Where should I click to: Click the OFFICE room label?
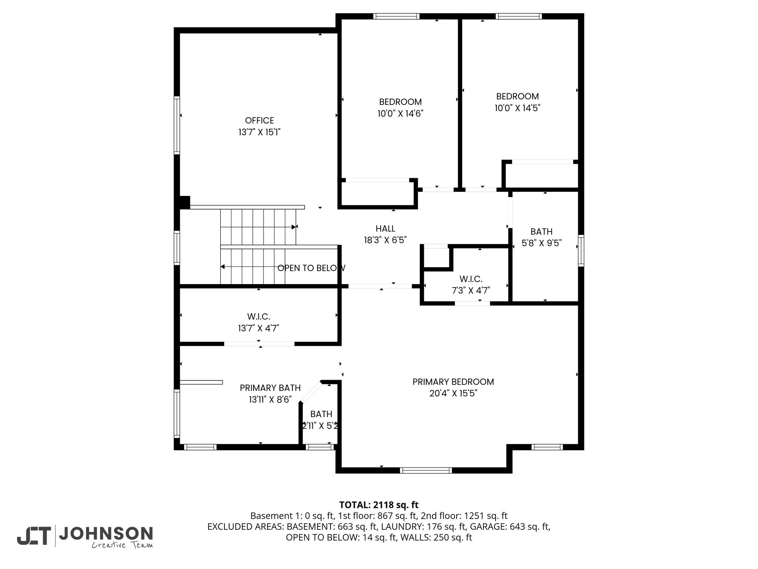[x=259, y=120]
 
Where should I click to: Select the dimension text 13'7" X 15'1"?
[x=259, y=132]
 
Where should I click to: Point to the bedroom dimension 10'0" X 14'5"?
[x=517, y=108]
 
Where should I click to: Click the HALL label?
[x=385, y=229]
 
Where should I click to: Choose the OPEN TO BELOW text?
[x=311, y=268]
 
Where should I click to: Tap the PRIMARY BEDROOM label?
[x=453, y=382]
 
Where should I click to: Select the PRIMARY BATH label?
[x=270, y=388]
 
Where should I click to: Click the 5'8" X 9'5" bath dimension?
[x=541, y=243]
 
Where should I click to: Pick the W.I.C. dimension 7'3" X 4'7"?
[x=471, y=290]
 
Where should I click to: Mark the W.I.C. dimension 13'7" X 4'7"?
[x=258, y=328]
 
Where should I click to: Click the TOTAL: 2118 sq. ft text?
[x=379, y=505]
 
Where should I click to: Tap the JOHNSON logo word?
[x=106, y=533]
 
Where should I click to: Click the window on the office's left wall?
[x=177, y=125]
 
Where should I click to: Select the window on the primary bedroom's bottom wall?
[x=426, y=470]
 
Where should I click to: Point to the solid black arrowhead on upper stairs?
[x=294, y=227]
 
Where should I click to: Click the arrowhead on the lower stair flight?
[x=222, y=267]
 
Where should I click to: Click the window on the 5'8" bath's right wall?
[x=581, y=251]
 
